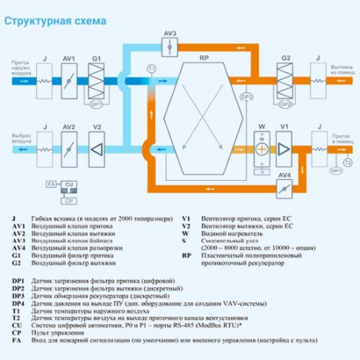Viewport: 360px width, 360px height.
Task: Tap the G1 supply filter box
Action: (96, 80)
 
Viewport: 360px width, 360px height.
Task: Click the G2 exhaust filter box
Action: (286, 80)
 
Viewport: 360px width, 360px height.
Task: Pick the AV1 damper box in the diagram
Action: (69, 80)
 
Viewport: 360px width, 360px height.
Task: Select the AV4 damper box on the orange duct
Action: (285, 190)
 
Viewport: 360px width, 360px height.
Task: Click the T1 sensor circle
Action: (151, 69)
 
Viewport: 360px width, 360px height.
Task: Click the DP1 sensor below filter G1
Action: (97, 104)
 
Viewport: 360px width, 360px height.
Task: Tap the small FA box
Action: (51, 185)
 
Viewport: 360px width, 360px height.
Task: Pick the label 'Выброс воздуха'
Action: (20, 139)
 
